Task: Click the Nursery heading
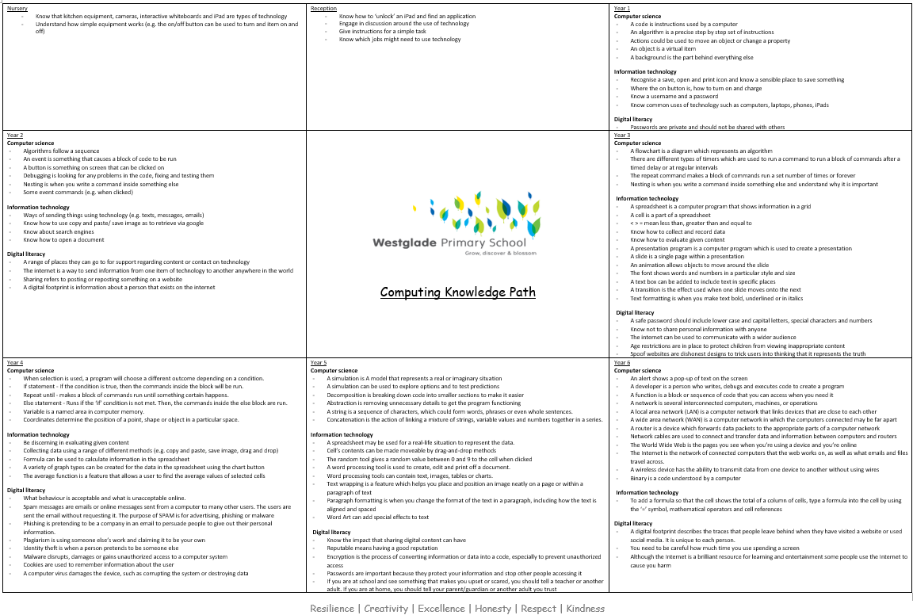coord(17,8)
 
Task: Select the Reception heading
coord(323,8)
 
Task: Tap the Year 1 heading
coord(622,8)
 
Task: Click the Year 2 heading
coord(15,136)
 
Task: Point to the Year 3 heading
coord(622,136)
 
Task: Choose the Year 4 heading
coord(15,362)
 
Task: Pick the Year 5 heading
coord(319,362)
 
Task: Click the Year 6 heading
coord(622,362)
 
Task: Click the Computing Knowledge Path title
coord(457,292)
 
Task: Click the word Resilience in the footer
coord(332,609)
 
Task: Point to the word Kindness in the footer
coord(586,609)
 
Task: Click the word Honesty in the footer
coord(491,609)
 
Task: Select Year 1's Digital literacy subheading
coord(633,119)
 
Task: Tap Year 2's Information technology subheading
coord(38,208)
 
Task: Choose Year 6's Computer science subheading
coord(638,370)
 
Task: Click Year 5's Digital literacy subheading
coord(331,532)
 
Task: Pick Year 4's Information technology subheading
coord(38,434)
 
